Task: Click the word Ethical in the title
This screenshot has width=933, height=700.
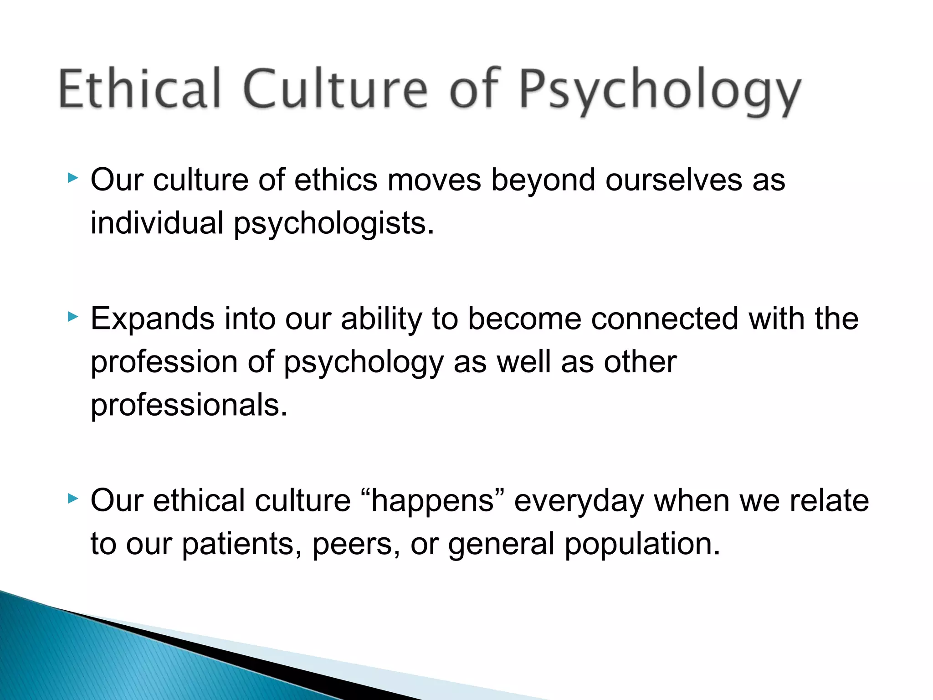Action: [139, 89]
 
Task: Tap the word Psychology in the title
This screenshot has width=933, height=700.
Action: [659, 91]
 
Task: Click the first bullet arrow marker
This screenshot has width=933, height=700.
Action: [72, 178]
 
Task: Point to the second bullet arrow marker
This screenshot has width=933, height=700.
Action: [72, 316]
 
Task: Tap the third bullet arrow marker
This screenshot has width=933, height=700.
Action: [72, 499]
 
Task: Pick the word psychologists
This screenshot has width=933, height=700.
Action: [334, 224]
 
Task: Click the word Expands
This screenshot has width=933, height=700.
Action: [152, 319]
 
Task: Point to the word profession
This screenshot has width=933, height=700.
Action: [164, 363]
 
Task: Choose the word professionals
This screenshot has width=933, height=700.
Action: [189, 405]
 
